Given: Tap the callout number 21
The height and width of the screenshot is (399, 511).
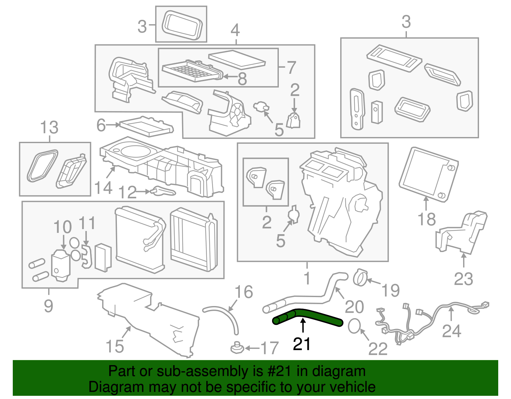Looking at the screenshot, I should [302, 344].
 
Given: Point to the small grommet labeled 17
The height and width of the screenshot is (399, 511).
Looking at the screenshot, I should [237, 347].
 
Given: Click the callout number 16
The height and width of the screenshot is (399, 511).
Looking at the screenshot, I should [244, 292].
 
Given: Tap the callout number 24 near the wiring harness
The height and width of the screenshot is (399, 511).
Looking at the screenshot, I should [452, 331].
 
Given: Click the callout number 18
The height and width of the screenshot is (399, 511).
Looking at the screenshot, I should [427, 219].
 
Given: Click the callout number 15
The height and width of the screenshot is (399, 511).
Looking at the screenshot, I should [115, 347].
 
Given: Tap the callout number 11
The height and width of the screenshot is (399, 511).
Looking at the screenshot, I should [87, 223].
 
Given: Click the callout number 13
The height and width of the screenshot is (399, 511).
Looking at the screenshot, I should [49, 127].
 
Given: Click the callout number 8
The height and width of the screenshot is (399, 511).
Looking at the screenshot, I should [242, 79].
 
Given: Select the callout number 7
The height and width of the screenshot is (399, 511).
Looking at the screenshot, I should [291, 67].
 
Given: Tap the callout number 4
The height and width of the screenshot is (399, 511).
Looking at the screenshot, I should [235, 30].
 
